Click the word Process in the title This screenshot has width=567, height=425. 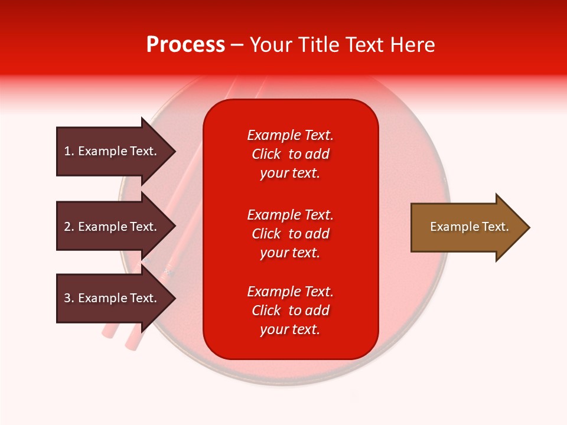click(x=185, y=45)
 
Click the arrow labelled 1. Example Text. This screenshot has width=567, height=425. click(x=116, y=152)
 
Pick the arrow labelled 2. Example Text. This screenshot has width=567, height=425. click(x=116, y=226)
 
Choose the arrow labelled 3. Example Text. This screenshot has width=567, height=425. click(x=116, y=298)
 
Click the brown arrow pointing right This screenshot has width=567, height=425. click(x=470, y=227)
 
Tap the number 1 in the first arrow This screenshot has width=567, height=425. click(x=67, y=151)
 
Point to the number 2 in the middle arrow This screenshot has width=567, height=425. click(x=67, y=227)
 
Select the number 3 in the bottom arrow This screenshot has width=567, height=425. click(x=67, y=298)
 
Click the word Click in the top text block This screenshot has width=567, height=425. click(x=266, y=154)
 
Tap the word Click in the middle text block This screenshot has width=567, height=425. click(x=266, y=234)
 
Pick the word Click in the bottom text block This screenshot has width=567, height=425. click(x=266, y=310)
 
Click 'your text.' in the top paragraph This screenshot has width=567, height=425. click(x=290, y=173)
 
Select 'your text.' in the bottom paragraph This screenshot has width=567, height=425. click(x=290, y=329)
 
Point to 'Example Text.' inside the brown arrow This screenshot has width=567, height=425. click(x=470, y=227)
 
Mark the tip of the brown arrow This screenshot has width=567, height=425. click(x=530, y=227)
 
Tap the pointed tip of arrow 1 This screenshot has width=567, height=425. click(x=176, y=152)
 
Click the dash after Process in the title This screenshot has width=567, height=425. click(x=236, y=45)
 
